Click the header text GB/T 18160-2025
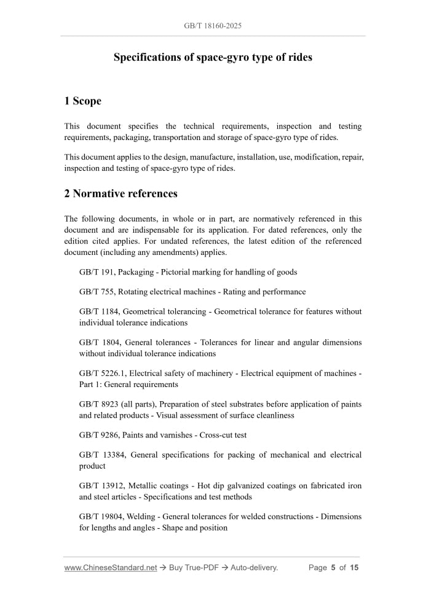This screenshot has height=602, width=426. click(x=213, y=26)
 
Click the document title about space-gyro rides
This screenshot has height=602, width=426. click(x=213, y=57)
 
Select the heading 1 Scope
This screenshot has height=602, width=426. click(x=83, y=101)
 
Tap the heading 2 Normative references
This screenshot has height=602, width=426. click(x=121, y=193)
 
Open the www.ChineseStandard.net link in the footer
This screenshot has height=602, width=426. click(x=111, y=568)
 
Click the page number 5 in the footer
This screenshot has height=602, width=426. click(x=333, y=568)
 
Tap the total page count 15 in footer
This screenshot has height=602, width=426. click(x=354, y=568)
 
